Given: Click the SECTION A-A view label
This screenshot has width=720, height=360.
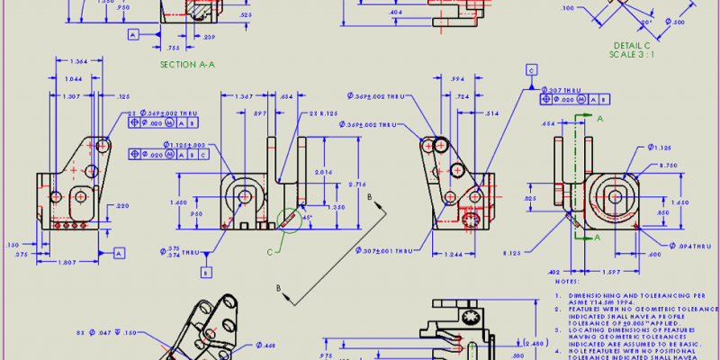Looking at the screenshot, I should (x=187, y=64).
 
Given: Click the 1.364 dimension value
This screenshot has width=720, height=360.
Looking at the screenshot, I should (x=77, y=62).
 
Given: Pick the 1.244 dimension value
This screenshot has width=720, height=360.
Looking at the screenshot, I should (x=454, y=255).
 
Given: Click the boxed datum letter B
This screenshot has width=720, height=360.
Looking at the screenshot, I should (x=206, y=272).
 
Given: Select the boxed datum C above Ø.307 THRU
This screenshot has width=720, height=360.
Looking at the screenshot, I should (x=532, y=69).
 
